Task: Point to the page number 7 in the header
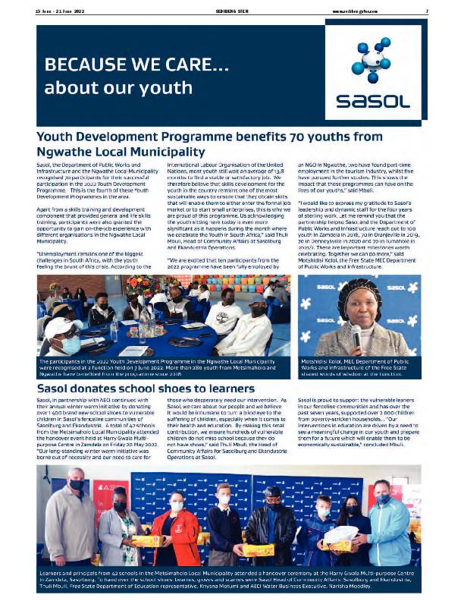tap(427, 11)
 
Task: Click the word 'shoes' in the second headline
tap(191, 389)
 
